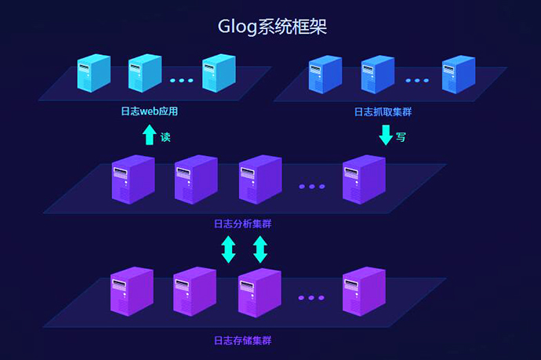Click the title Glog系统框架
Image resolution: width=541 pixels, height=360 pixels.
click(x=271, y=27)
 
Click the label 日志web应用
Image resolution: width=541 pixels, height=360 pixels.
click(x=150, y=111)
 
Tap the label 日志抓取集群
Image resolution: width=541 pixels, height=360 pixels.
click(x=383, y=111)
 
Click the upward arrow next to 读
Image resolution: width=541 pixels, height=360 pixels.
click(x=149, y=136)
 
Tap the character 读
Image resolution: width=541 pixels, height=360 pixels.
click(x=165, y=137)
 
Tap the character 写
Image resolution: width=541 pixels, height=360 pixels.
click(x=401, y=137)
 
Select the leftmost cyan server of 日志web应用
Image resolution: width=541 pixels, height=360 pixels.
click(x=93, y=72)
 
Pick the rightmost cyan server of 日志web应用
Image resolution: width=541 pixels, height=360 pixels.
click(x=219, y=72)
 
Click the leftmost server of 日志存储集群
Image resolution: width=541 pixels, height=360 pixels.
click(x=132, y=291)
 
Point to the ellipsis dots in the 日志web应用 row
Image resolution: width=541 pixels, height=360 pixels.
click(x=181, y=80)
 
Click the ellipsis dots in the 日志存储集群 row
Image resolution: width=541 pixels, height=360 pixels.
click(x=311, y=298)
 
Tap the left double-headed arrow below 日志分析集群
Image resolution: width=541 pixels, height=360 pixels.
click(x=228, y=249)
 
